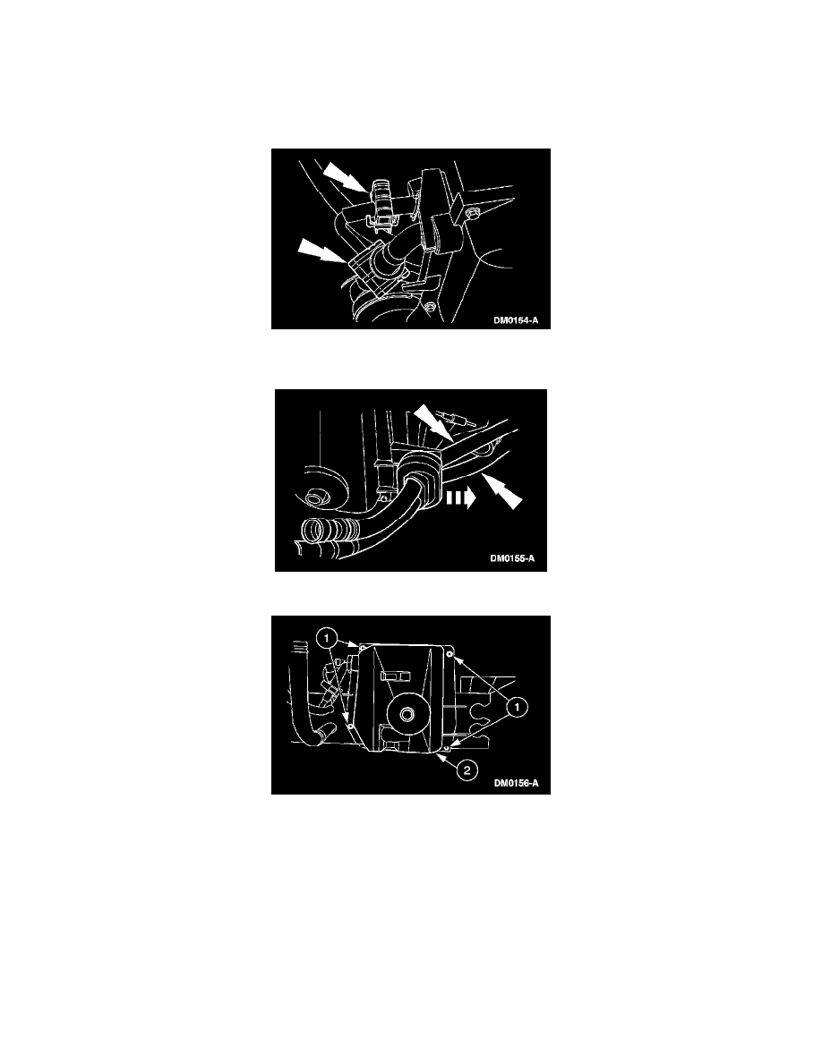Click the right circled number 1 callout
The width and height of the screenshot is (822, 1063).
coord(518,707)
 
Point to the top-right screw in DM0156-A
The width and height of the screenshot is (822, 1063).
coord(450,653)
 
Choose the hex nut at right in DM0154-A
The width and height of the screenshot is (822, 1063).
coord(475,212)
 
